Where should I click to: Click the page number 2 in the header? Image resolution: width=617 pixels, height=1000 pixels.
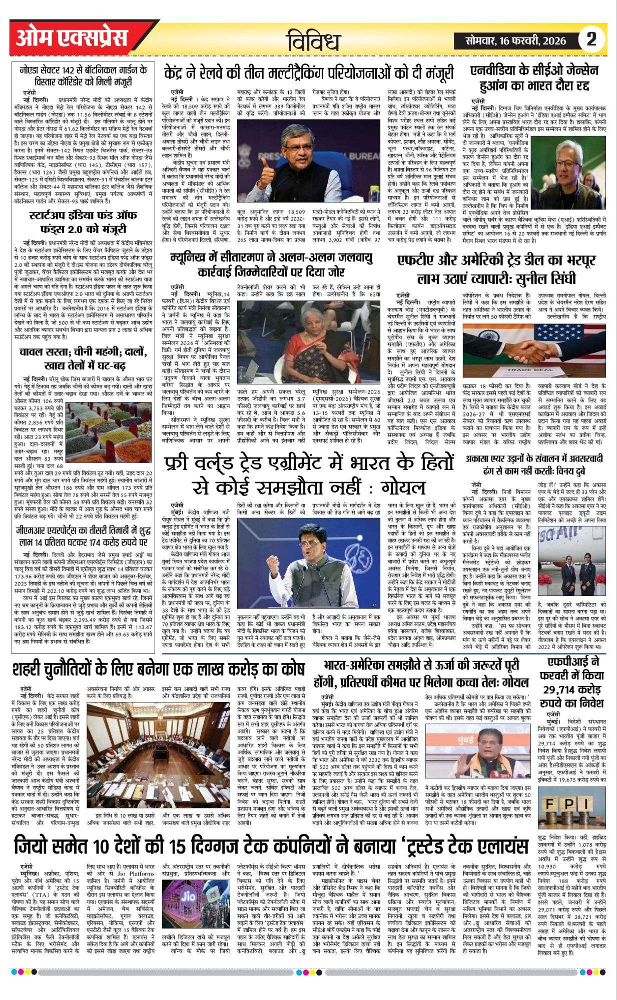[591, 39]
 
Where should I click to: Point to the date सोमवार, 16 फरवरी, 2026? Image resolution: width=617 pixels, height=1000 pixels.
[515, 40]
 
